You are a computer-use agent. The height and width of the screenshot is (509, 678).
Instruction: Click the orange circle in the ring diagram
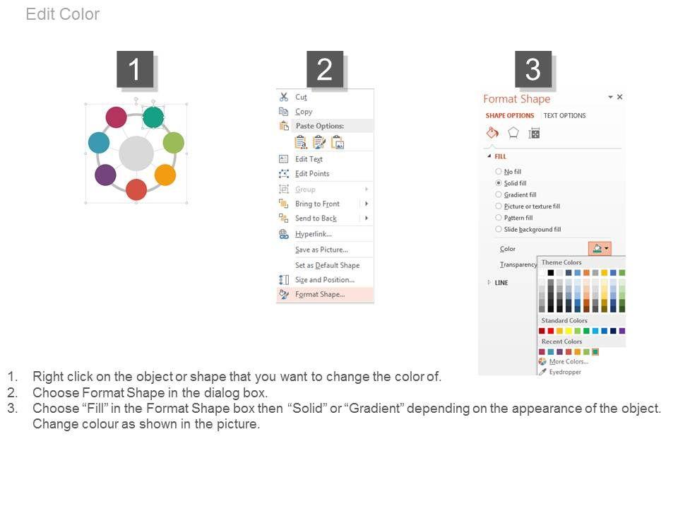pos(165,175)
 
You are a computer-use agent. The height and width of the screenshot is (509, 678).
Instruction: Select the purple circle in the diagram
pos(105,175)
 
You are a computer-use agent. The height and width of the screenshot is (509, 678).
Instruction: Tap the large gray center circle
pos(136,153)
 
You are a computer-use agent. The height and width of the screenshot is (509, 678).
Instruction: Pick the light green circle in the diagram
pos(174,142)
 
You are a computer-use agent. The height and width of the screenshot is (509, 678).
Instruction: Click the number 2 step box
pos(325,69)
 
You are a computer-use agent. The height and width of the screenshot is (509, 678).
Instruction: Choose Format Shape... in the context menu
pos(319,294)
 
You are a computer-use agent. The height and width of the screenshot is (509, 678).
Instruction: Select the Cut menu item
pos(301,97)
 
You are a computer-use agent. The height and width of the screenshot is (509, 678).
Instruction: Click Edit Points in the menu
pos(311,174)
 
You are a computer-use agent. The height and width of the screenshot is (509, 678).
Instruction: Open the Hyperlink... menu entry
pos(313,234)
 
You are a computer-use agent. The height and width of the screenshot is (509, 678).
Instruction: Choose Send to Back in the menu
pos(316,218)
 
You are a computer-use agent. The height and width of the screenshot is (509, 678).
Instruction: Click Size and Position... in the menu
pos(324,280)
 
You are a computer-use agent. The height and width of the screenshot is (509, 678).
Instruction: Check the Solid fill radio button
pos(499,183)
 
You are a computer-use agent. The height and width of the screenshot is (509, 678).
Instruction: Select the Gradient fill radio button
pos(499,195)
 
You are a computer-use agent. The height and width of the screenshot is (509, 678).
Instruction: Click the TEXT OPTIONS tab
pos(564,115)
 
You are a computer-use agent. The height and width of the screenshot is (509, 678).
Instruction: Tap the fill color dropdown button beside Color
pos(600,248)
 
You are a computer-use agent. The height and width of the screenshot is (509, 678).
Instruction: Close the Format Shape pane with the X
pos(619,97)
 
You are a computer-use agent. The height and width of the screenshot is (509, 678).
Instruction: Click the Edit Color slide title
pos(63,14)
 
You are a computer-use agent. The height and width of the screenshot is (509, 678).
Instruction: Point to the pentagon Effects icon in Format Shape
pos(513,133)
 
